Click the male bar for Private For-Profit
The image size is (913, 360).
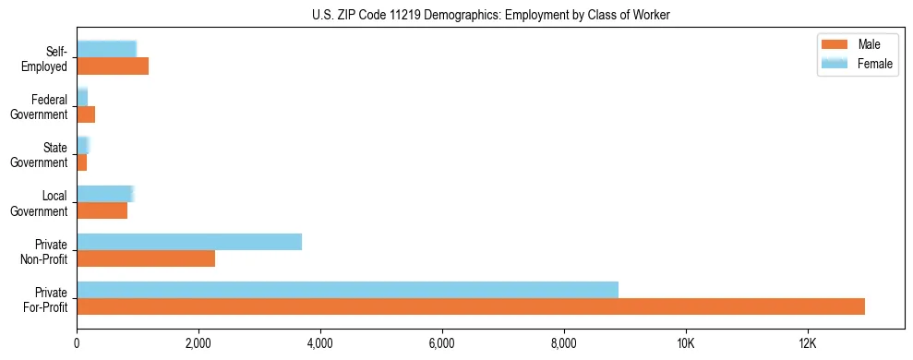471,306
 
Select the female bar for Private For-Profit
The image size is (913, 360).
347,289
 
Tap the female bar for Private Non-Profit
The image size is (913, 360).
189,242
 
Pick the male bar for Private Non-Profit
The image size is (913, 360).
146,258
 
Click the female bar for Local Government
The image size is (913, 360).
105,194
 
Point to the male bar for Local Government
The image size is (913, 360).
102,210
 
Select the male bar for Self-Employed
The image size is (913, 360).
113,66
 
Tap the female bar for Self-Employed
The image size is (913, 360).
106,49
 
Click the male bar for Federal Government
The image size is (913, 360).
86,114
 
